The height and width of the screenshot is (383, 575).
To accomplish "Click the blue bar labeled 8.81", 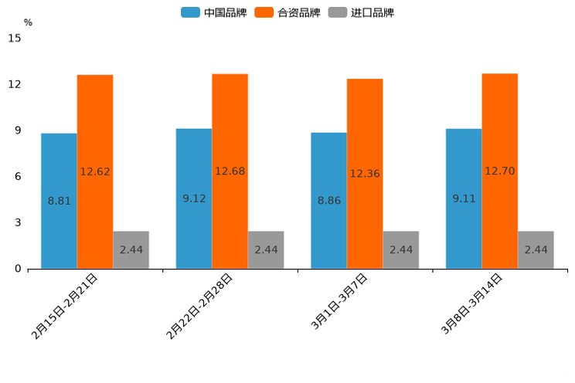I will [x=59, y=201].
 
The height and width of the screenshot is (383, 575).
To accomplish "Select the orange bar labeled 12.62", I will [x=95, y=171].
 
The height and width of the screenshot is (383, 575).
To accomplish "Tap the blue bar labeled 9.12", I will [x=194, y=198].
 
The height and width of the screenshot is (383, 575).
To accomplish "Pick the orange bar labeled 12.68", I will [x=230, y=171].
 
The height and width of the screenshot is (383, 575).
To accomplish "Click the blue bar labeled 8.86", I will [x=328, y=201].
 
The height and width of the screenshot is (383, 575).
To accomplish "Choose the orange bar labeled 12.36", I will [x=365, y=174].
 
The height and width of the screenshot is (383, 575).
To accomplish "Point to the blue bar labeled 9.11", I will [x=464, y=198].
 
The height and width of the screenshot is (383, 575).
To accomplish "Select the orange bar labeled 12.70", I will [x=500, y=171].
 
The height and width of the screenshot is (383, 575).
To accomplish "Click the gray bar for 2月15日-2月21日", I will [x=131, y=249].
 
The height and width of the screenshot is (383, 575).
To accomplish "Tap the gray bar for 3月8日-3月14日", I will [x=536, y=249].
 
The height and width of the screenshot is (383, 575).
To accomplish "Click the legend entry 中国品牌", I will [x=213, y=12].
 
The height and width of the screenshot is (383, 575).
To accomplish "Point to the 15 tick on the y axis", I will [x=15, y=38].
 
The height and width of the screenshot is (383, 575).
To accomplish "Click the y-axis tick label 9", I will [x=18, y=130].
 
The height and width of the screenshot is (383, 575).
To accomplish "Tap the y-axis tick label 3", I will [x=18, y=222].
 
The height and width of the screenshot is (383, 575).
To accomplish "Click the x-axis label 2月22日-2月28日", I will [x=199, y=307].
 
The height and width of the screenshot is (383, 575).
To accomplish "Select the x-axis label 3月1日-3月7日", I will [x=339, y=303].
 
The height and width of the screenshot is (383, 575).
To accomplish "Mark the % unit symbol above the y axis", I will [x=28, y=22].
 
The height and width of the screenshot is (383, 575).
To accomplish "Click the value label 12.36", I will [x=365, y=174].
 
